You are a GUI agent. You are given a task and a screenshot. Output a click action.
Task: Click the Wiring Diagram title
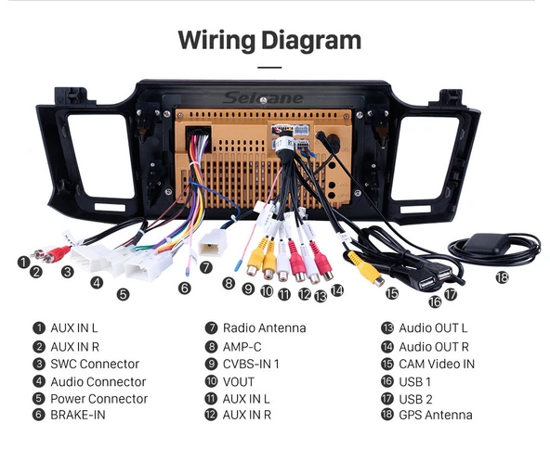(x=269, y=41)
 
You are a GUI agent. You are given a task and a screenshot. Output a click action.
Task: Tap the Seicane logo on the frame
(x=263, y=98)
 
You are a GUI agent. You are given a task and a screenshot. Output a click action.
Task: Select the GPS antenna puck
(x=486, y=243)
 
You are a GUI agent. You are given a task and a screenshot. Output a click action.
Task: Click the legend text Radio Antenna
(x=265, y=328)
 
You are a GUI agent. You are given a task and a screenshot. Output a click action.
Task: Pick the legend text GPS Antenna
(x=436, y=415)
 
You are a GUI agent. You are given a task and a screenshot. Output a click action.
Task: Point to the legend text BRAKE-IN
(x=78, y=415)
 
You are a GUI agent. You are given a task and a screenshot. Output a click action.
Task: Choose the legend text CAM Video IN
(x=437, y=364)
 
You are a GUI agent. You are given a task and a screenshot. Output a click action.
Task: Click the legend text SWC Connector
(x=95, y=364)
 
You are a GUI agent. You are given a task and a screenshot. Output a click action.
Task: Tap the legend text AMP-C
(x=242, y=347)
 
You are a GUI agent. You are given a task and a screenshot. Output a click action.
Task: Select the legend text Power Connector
(x=98, y=399)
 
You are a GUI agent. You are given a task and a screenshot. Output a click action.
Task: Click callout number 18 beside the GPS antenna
(x=502, y=277)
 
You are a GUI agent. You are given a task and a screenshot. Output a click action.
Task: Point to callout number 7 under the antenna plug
(x=206, y=267)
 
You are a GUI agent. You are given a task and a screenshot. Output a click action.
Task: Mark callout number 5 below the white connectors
(x=124, y=294)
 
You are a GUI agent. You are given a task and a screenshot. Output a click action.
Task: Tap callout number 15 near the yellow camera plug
(x=392, y=293)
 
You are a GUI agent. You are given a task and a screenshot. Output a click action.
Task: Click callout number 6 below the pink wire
(x=185, y=288)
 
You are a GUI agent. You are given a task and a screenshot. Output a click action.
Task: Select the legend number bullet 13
(x=387, y=328)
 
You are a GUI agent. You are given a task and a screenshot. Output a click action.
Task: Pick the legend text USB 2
(x=415, y=399)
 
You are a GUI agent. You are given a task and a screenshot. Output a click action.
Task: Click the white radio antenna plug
(x=213, y=243)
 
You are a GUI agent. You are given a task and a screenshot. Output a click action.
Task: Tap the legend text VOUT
(x=239, y=382)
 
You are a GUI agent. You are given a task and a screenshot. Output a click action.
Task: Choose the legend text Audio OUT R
(x=434, y=347)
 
